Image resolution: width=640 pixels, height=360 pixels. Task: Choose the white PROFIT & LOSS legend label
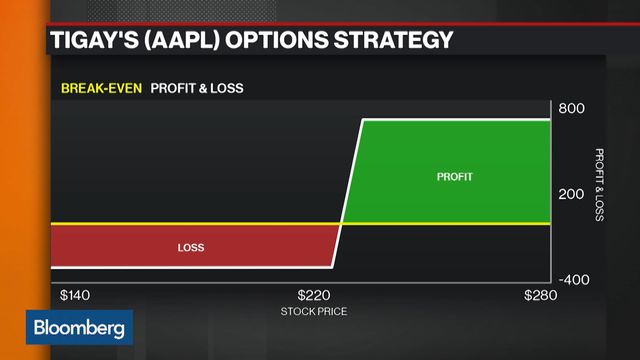(x=197, y=88)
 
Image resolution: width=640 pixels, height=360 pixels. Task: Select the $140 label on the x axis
(x=75, y=296)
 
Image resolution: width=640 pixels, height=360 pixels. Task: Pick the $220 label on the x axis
(x=315, y=296)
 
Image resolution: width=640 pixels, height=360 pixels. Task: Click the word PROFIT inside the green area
(x=454, y=177)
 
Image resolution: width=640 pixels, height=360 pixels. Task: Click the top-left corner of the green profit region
(x=362, y=122)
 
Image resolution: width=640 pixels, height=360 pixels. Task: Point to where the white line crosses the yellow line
(x=340, y=223)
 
